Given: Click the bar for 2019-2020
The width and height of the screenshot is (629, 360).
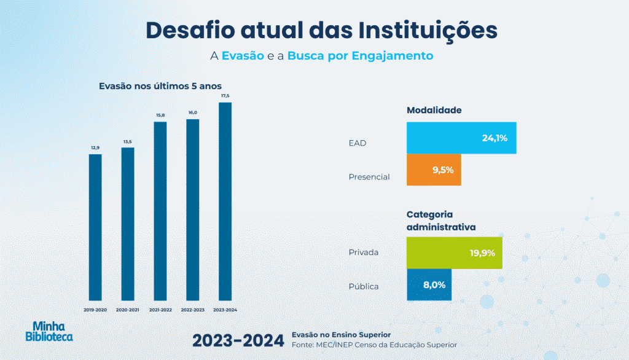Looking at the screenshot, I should [x=95, y=227].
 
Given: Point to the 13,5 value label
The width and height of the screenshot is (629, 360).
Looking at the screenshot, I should [x=128, y=142].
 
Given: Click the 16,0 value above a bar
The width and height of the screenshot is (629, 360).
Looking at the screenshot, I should [x=192, y=113].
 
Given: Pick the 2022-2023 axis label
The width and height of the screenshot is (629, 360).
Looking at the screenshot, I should [x=192, y=310].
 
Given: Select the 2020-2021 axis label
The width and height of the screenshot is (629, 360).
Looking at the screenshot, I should [x=128, y=310].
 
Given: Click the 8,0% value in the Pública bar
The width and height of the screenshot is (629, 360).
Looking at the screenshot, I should [x=434, y=285].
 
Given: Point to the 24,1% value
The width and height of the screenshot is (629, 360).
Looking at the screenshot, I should [x=494, y=138].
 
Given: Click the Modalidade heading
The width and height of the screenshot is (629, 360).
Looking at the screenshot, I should [x=434, y=111].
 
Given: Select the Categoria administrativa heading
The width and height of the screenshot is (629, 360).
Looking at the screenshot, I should [x=441, y=221].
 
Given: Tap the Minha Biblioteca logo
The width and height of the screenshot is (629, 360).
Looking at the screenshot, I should [x=49, y=331].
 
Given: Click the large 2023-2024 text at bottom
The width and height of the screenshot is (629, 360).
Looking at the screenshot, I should [x=238, y=340].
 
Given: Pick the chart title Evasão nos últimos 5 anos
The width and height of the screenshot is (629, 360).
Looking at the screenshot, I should [x=160, y=86].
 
